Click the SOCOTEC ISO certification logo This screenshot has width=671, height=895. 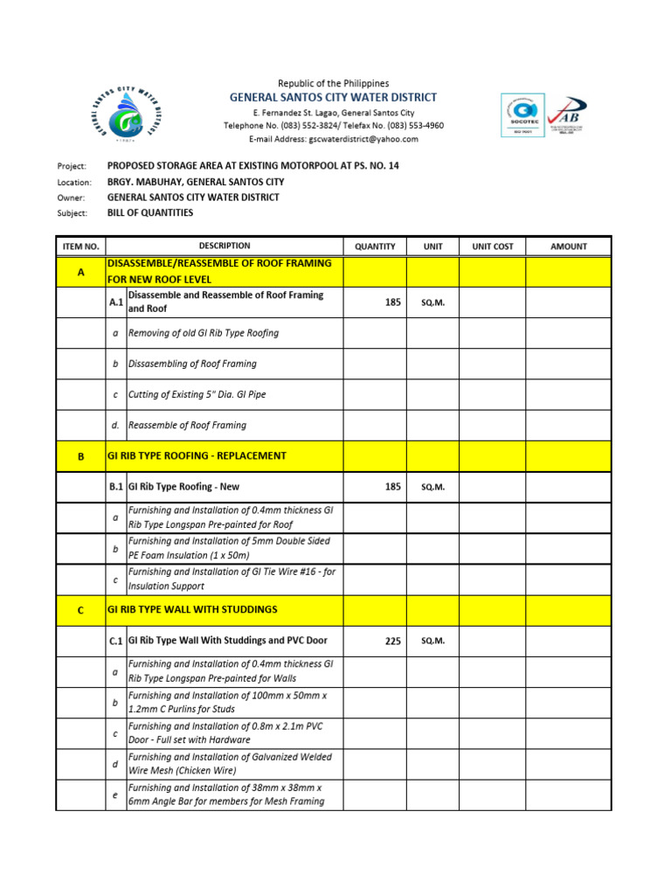[522, 115]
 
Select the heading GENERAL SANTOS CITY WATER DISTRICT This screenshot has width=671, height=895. [333, 98]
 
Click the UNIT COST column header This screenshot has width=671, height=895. [493, 246]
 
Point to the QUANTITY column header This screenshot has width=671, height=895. [375, 246]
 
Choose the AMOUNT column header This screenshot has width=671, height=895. [569, 246]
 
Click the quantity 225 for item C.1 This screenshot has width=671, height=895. [392, 641]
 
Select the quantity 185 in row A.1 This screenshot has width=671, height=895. [392, 302]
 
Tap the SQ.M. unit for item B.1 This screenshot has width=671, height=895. [433, 487]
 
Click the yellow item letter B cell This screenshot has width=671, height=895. [81, 456]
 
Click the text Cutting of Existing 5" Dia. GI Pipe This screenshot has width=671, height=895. [197, 394]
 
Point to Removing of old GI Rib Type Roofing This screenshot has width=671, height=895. [204, 333]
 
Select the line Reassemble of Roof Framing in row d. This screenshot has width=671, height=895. [187, 426]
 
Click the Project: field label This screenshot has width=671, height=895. [72, 166]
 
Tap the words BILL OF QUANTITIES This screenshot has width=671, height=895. [150, 212]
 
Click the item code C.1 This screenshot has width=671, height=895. [116, 642]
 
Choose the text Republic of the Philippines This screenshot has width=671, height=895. [333, 83]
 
